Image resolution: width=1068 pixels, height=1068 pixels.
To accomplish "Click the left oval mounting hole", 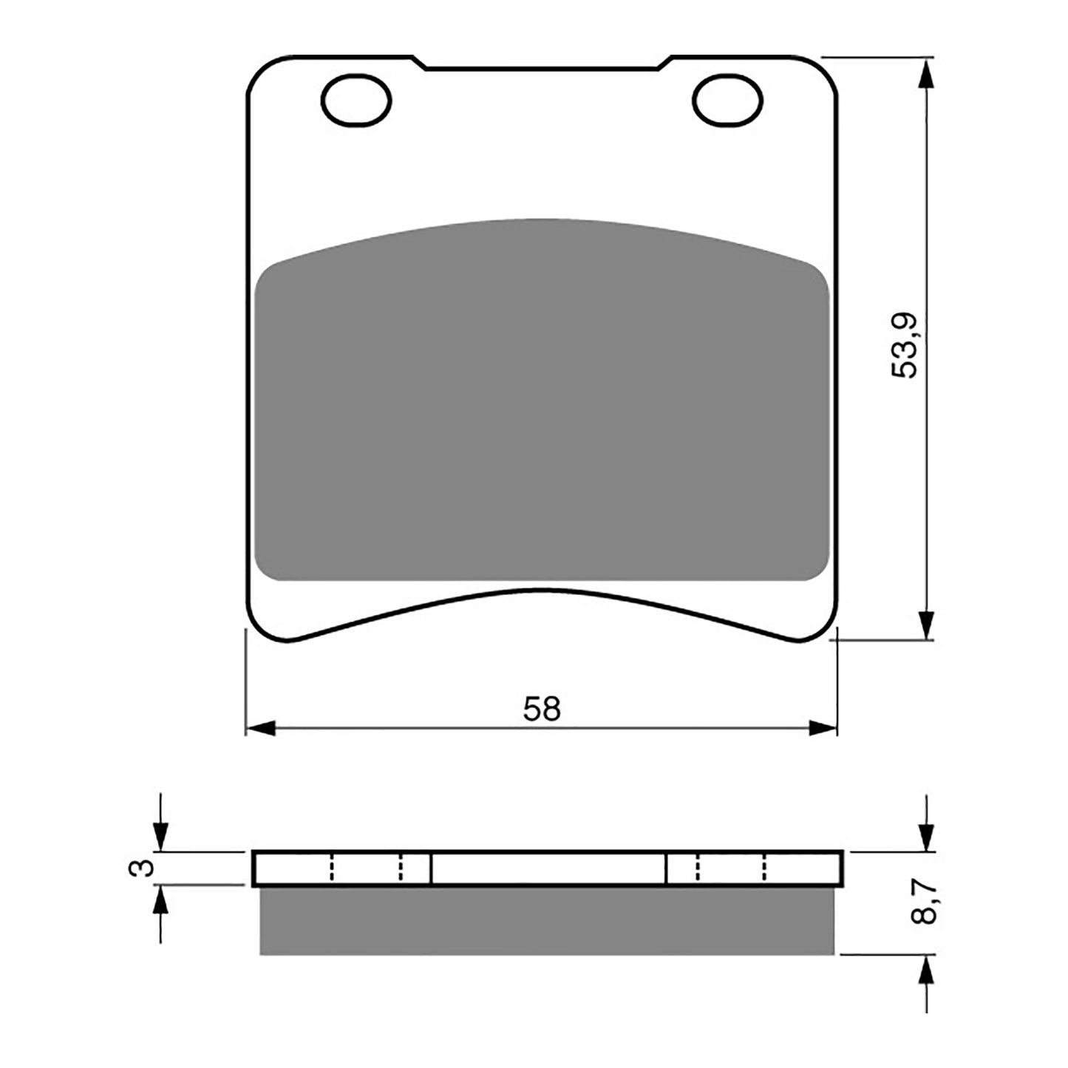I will coord(356,100).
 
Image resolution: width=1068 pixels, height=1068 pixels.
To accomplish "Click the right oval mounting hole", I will coord(727,100).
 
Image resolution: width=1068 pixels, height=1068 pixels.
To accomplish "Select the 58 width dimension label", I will coord(542,710).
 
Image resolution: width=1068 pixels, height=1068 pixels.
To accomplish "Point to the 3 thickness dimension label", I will coord(148,867).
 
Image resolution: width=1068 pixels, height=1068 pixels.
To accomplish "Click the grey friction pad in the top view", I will coord(541,414).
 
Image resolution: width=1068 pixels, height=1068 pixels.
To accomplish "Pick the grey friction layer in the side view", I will coord(547,920).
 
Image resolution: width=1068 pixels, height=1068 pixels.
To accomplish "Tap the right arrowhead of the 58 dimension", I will coord(823,728).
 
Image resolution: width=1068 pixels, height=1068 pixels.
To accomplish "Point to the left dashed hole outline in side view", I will coord(367,868).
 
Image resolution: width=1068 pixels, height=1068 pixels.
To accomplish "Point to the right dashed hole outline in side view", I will coord(730,868).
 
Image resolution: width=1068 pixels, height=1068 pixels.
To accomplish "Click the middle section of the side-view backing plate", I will coord(548,868).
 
